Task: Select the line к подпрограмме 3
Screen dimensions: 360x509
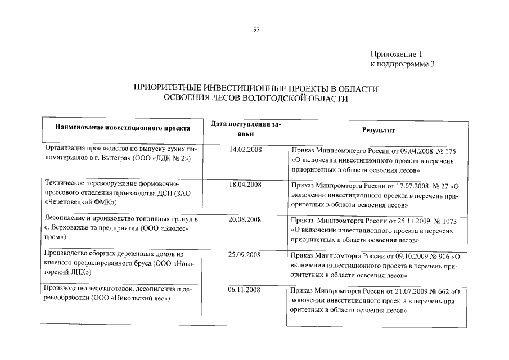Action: (x=402, y=64)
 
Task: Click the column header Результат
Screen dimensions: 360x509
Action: (x=378, y=130)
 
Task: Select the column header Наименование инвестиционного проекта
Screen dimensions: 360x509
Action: (x=122, y=128)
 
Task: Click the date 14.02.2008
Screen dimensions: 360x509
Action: (x=245, y=150)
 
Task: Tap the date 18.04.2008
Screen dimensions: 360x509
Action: (x=245, y=184)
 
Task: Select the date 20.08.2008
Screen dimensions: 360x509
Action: (x=245, y=219)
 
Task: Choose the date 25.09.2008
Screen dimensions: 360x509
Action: (x=245, y=255)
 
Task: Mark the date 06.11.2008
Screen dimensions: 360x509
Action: (x=245, y=290)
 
